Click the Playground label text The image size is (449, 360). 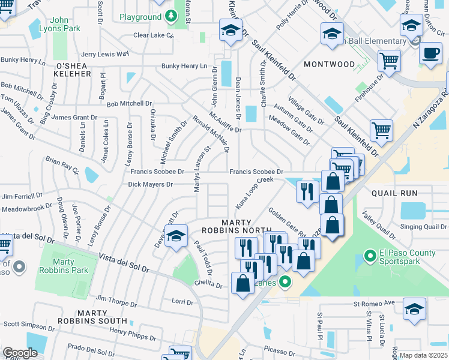pyautogui.click(x=140, y=17)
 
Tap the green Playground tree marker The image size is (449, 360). pyautogui.click(x=172, y=17)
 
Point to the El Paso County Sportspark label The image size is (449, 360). pyautogui.click(x=407, y=258)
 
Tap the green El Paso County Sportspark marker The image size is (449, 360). pyautogui.click(x=370, y=258)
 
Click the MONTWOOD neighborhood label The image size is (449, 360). pyautogui.click(x=330, y=64)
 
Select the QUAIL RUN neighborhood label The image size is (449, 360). pyautogui.click(x=394, y=193)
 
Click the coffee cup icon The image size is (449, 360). pyautogui.click(x=430, y=53)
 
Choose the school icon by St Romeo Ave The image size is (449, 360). pyautogui.click(x=414, y=309)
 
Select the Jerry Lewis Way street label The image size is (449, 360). pyautogui.click(x=106, y=54)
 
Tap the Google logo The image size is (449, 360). pyautogui.click(x=20, y=353)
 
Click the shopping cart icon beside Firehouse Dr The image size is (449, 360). pyautogui.click(x=389, y=60)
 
